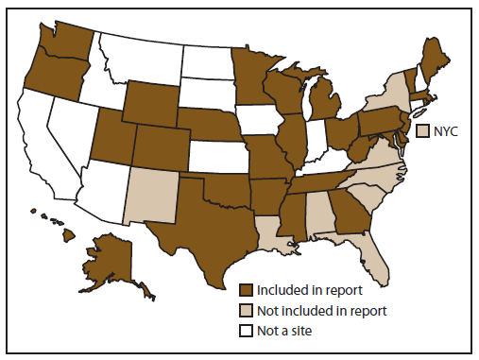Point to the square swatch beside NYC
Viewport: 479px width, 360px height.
point(424,129)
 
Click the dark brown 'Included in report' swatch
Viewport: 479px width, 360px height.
point(247,290)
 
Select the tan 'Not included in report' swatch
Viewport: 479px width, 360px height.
point(247,309)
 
